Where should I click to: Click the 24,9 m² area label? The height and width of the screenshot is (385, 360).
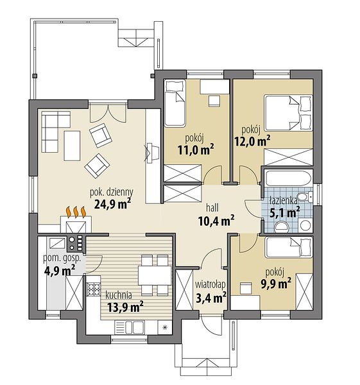coord(112,203)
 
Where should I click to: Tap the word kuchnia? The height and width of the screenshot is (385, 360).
coord(119,295)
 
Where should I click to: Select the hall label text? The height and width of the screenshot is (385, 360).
coord(212,208)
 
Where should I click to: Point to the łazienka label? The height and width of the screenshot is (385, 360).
coord(283,200)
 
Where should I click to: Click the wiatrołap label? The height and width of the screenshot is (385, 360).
coord(210,284)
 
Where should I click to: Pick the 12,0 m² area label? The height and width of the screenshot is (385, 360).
coord(253,141)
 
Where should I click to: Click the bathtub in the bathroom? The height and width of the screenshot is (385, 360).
coord(288,178)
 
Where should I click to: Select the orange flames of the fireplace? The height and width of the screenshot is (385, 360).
coord(76,212)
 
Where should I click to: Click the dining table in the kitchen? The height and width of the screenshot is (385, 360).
coord(155,275)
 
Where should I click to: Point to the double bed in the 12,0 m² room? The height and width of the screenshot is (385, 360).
coord(288,112)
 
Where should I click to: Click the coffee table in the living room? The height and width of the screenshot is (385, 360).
coord(72,146)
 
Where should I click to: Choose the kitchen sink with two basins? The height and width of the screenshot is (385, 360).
coord(135,327)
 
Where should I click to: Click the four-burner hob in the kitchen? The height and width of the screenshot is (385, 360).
coord(94,289)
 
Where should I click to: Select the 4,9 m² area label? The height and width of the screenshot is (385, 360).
coord(60,270)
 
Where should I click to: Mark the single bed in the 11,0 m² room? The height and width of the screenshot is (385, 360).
coord(175,103)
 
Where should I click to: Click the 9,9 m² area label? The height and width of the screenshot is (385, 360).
coord(276,284)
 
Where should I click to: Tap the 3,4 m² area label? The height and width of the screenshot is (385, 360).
coord(211,298)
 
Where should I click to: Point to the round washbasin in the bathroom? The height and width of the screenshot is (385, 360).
coord(305,225)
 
